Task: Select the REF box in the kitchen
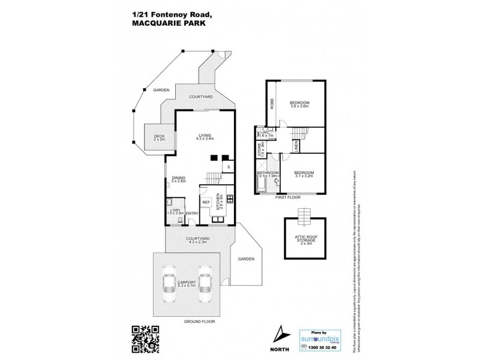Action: pyautogui.click(x=205, y=202)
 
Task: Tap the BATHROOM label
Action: pyautogui.click(x=268, y=173)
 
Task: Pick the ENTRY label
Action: pyautogui.click(x=192, y=214)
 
